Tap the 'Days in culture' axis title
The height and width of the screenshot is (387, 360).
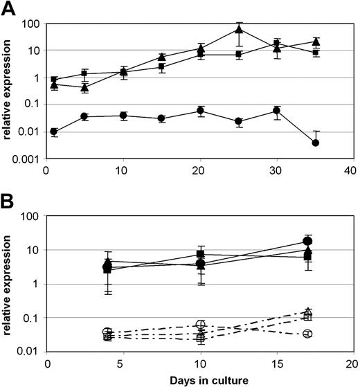click(201, 379)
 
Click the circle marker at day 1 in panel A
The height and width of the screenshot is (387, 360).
click(55, 132)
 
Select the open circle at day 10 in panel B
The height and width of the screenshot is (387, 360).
click(201, 325)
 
